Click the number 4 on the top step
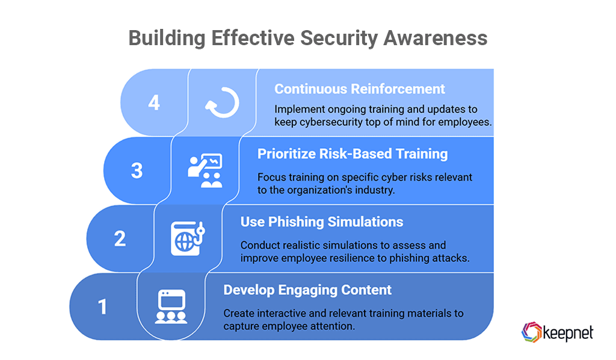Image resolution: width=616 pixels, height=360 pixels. [x=154, y=102]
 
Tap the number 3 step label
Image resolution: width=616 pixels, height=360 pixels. [x=137, y=170]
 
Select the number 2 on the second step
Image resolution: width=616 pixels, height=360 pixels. [x=120, y=238]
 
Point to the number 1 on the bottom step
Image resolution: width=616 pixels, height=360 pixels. [x=102, y=306]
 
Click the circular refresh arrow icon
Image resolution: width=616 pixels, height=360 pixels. [x=222, y=103]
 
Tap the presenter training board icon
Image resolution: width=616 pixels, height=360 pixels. [x=205, y=170]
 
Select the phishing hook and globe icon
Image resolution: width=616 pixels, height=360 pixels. [x=188, y=239]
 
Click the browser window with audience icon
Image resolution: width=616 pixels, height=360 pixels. [x=171, y=307]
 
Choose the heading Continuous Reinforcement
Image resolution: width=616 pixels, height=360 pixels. [x=360, y=89]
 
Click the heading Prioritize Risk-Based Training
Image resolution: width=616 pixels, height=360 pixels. [x=353, y=154]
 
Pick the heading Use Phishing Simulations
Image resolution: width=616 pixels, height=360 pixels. [x=322, y=222]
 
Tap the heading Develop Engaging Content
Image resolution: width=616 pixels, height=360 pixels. [x=307, y=290]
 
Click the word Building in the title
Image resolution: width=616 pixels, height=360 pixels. [x=166, y=38]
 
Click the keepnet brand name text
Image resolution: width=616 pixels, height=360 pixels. [x=567, y=332]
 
